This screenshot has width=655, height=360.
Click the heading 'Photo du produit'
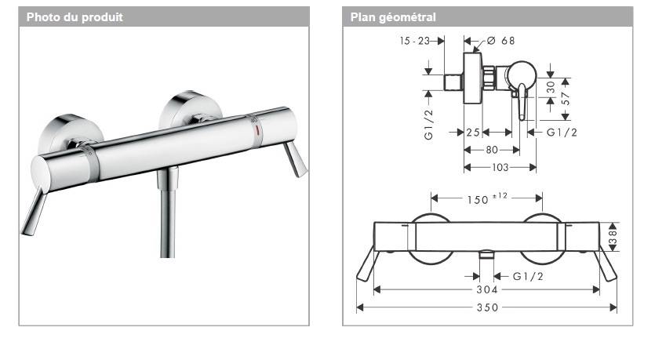coord(75,16)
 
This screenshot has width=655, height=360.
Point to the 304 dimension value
coord(486,289)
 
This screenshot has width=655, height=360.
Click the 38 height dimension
coord(615,235)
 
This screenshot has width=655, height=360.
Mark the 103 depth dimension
coord(500,167)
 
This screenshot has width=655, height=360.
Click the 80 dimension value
coord(492,149)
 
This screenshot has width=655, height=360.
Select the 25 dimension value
coord(472,133)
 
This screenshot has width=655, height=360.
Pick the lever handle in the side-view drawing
coord(522,102)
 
